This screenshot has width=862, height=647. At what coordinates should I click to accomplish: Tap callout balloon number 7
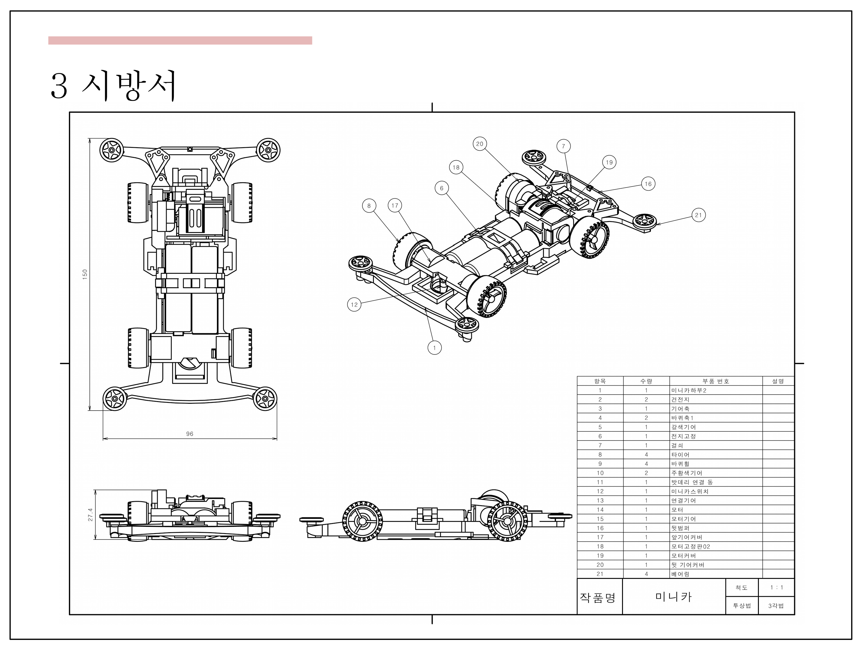563,146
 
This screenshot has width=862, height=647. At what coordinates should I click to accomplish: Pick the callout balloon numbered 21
698,215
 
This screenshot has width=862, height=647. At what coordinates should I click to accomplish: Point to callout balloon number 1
434,347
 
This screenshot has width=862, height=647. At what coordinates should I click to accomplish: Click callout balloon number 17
395,206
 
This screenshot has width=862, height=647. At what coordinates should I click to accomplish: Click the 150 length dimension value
85,274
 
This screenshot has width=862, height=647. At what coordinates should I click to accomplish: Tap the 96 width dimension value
190,434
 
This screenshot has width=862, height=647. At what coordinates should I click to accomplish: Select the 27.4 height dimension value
91,514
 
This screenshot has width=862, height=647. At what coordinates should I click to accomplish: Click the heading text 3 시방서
113,86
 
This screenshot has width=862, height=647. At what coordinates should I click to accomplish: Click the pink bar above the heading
180,41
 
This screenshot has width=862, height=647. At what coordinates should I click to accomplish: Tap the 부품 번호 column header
715,381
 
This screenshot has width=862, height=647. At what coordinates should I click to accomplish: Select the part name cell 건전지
680,399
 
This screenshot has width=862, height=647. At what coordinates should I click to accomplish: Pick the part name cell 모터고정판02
690,546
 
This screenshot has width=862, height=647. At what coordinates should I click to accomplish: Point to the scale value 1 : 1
776,587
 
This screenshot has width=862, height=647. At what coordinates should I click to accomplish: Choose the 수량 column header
646,381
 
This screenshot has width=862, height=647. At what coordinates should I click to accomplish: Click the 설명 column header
778,381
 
